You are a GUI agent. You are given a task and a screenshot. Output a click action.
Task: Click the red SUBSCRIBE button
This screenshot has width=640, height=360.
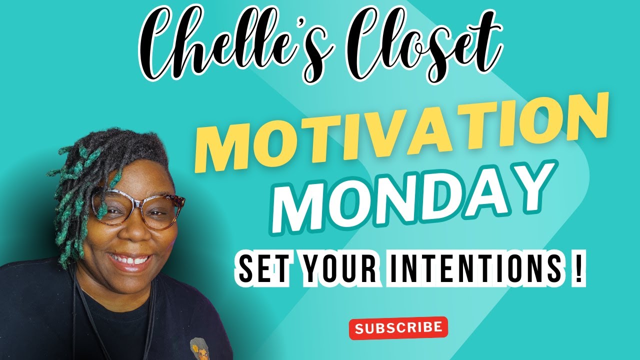point(398,328)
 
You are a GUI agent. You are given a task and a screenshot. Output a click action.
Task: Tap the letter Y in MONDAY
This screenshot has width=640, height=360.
point(520,192)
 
